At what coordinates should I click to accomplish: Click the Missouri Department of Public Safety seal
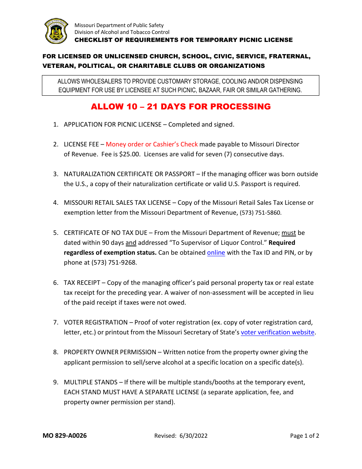point(56,31)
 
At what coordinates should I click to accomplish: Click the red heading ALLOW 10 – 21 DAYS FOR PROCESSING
point(181,107)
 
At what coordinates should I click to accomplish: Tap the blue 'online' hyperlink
point(216,253)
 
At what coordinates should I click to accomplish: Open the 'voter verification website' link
point(277,332)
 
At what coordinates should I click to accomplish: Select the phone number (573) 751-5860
point(260,213)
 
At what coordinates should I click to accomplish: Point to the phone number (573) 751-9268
point(114,263)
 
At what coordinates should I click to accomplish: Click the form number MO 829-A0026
point(64,436)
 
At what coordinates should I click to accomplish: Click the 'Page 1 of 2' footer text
point(304,436)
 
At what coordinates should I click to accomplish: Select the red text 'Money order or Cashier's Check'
point(152,145)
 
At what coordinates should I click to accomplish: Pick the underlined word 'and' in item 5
point(131,243)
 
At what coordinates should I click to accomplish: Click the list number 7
point(55,323)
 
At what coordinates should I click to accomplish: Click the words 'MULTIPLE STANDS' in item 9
point(91,382)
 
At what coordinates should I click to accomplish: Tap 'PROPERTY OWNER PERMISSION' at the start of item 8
point(110,352)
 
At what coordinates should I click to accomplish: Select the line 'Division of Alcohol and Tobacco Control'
point(122,32)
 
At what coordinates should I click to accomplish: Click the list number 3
point(55,174)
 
